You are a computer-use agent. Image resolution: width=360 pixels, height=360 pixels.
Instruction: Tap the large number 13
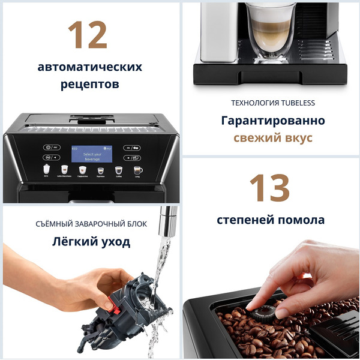pyautogui.click(x=269, y=187)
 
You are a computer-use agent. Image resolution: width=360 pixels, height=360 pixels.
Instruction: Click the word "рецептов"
pyautogui.click(x=90, y=84)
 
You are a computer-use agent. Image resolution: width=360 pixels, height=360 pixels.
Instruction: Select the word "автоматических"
pyautogui.click(x=90, y=67)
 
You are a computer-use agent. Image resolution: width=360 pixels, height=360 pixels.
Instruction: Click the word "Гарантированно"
pyautogui.click(x=273, y=121)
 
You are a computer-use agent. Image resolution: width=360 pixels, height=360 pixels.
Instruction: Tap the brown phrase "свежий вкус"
pyautogui.click(x=273, y=138)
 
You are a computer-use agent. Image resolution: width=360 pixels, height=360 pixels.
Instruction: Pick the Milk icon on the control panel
pyautogui.click(x=47, y=170)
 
